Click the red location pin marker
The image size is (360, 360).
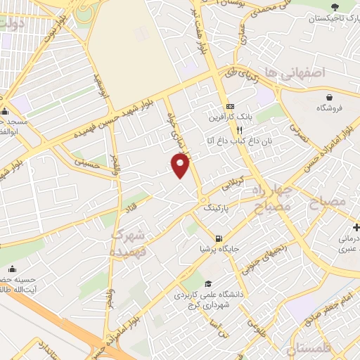pyautogui.click(x=181, y=166)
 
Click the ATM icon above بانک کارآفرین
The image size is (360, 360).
pyautogui.click(x=219, y=105)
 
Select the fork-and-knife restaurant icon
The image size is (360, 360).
pyautogui.click(x=239, y=130)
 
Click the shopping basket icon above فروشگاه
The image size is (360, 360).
pyautogui.click(x=328, y=96)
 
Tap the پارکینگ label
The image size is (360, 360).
pyautogui.click(x=216, y=209)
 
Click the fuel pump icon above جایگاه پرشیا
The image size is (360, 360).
pyautogui.click(x=219, y=238)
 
